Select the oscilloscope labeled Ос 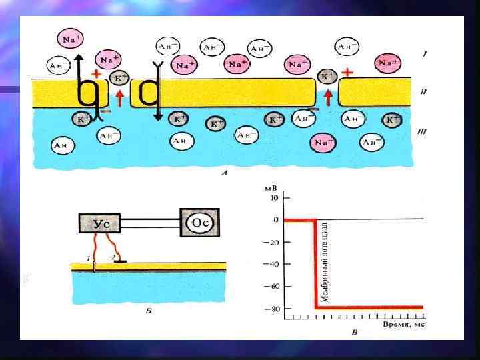coord(201,223)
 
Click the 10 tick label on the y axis coord(273,197)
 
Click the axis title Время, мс coord(403,323)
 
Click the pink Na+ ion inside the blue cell coord(324,143)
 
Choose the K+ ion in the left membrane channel coord(119,79)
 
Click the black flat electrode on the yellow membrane coord(121,262)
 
